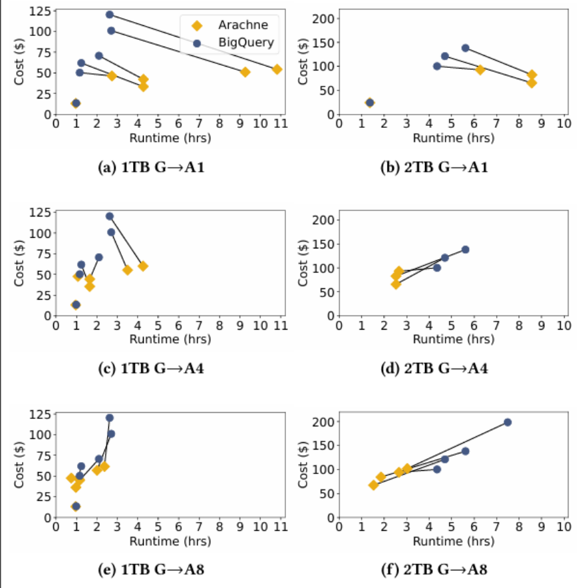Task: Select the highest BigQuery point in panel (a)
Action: tap(110, 15)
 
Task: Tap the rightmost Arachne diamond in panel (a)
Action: tap(277, 69)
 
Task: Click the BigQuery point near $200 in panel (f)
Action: tap(508, 422)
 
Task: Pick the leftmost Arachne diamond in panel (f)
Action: tap(374, 485)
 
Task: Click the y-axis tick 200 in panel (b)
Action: tap(325, 19)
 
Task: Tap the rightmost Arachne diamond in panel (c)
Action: tap(142, 266)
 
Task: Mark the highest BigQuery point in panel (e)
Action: tap(110, 418)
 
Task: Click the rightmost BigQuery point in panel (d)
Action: tap(465, 250)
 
